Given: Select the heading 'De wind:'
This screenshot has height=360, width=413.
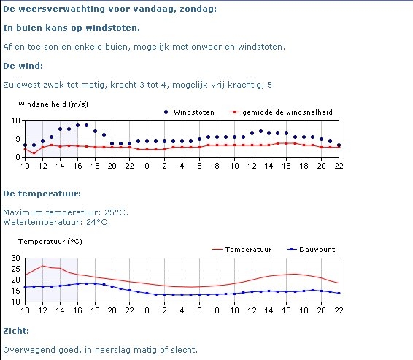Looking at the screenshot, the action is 23,66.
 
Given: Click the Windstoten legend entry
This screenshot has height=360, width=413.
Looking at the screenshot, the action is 189,112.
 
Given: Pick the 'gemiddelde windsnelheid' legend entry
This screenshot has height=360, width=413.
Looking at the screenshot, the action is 281,112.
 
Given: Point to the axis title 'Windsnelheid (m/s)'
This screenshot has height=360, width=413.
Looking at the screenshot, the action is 53,104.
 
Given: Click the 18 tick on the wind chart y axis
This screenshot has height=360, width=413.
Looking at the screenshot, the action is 15,121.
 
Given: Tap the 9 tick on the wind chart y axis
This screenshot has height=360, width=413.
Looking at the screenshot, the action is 18,139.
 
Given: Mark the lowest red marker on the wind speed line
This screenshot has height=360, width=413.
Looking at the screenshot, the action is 34,153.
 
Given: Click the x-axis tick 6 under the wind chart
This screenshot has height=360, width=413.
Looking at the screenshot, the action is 199,166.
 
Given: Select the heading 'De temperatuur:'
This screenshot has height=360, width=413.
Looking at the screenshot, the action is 42,194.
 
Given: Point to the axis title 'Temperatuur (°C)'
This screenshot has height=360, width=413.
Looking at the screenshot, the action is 50,242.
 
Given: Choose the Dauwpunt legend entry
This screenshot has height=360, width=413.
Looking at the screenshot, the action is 311,250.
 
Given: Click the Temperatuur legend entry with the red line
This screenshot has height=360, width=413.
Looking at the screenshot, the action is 242,250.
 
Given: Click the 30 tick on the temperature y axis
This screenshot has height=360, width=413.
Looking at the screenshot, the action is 15,258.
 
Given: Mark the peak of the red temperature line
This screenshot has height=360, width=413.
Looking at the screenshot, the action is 42,266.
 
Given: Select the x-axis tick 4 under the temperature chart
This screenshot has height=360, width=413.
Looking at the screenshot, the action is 182,310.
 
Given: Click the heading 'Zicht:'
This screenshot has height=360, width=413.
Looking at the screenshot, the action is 16,331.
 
